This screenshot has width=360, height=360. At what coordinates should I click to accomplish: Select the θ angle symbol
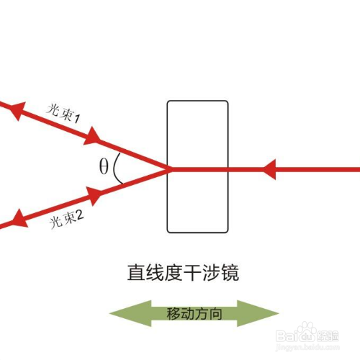tap(104, 167)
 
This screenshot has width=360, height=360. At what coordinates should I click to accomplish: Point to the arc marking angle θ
tap(118, 169)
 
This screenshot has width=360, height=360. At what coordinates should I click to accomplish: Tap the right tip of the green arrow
tap(277, 314)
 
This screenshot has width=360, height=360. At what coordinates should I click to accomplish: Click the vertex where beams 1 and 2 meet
tap(169, 169)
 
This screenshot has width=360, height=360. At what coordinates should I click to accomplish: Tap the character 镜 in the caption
tap(230, 273)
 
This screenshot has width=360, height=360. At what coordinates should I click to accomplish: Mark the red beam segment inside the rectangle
tap(198, 170)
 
